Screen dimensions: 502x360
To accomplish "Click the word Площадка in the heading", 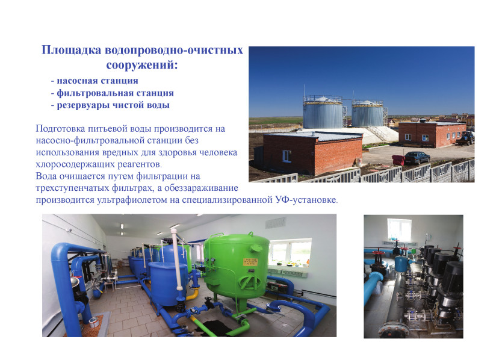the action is (x=72, y=51).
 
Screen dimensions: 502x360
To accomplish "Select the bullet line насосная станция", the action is (x=95, y=81).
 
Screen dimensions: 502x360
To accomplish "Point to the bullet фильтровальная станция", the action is (x=112, y=93).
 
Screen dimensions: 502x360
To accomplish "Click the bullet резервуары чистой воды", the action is (x=110, y=105).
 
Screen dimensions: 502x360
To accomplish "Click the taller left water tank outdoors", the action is (x=323, y=113).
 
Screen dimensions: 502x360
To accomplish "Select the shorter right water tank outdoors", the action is (x=368, y=114).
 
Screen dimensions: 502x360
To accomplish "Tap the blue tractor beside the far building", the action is (x=466, y=138).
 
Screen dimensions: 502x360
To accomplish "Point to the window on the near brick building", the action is (x=287, y=157).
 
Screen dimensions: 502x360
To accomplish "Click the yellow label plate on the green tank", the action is (x=250, y=262).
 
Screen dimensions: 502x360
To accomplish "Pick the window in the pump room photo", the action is (x=399, y=230).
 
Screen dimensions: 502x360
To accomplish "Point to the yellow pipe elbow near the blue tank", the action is (x=193, y=294).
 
